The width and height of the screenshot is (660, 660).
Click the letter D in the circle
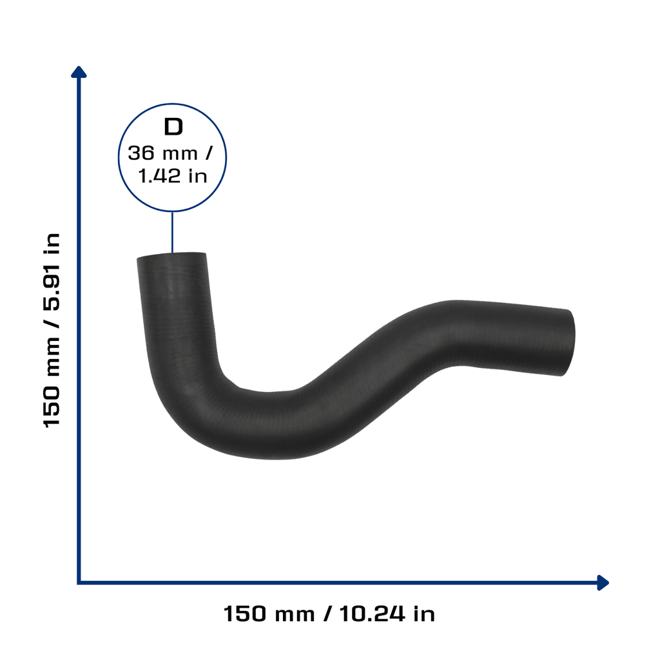point(173,127)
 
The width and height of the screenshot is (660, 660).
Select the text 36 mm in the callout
point(162,153)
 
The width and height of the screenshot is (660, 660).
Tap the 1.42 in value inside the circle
point(173,176)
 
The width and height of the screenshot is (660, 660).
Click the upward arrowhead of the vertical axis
point(79,72)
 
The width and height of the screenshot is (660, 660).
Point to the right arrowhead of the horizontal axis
point(603,583)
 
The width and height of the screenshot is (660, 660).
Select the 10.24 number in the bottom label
point(372,614)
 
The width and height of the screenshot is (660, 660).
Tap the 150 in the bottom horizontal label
point(245,614)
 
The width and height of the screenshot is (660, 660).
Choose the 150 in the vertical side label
point(52,407)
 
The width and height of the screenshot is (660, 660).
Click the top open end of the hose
point(171,255)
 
